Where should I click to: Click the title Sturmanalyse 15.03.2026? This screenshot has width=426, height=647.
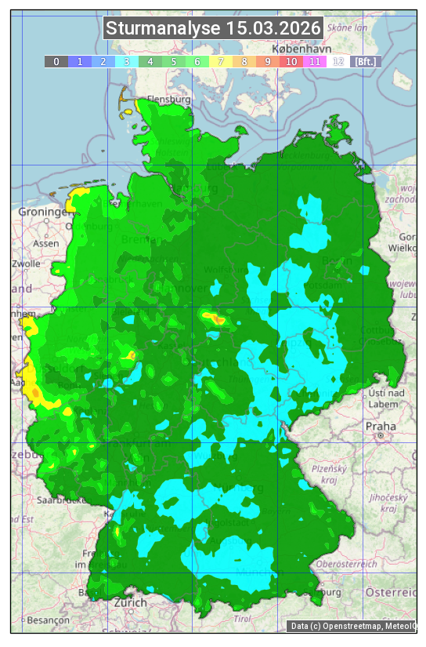pyautogui.click(x=213, y=29)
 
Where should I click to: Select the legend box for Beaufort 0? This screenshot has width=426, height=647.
pyautogui.click(x=56, y=61)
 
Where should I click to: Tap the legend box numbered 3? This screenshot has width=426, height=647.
pyautogui.click(x=126, y=61)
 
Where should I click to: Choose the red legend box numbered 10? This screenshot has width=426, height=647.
pyautogui.click(x=291, y=61)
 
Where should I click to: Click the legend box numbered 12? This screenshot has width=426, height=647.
pyautogui.click(x=338, y=61)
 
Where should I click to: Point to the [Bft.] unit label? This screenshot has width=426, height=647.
pyautogui.click(x=365, y=61)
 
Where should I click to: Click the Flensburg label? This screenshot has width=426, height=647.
pyautogui.click(x=169, y=100)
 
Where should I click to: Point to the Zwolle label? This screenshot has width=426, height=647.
pyautogui.click(x=26, y=264)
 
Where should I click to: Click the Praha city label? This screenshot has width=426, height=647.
pyautogui.click(x=380, y=426)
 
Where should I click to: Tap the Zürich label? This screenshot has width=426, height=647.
pyautogui.click(x=130, y=602)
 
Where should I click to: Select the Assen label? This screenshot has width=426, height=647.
pyautogui.click(x=46, y=243)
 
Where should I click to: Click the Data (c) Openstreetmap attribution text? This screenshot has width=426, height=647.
pyautogui.click(x=351, y=626)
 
